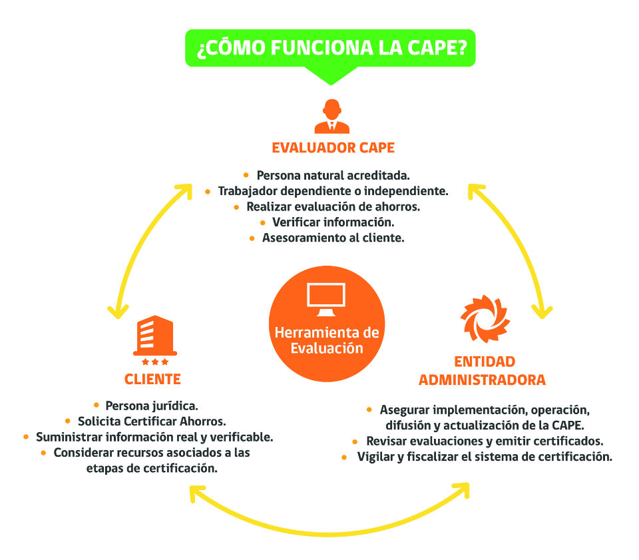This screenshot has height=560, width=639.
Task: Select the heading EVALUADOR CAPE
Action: pos(333,148)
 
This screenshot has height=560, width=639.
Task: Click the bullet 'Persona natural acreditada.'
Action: pos(333,175)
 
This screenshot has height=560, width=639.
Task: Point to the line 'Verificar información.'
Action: pos(333,222)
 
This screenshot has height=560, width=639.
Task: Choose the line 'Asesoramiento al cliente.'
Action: pos(333,238)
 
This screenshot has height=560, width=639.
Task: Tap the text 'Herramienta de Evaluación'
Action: pos(327,340)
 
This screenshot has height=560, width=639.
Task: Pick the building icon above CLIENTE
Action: pos(154,336)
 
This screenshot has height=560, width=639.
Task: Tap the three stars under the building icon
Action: pos(154,362)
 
